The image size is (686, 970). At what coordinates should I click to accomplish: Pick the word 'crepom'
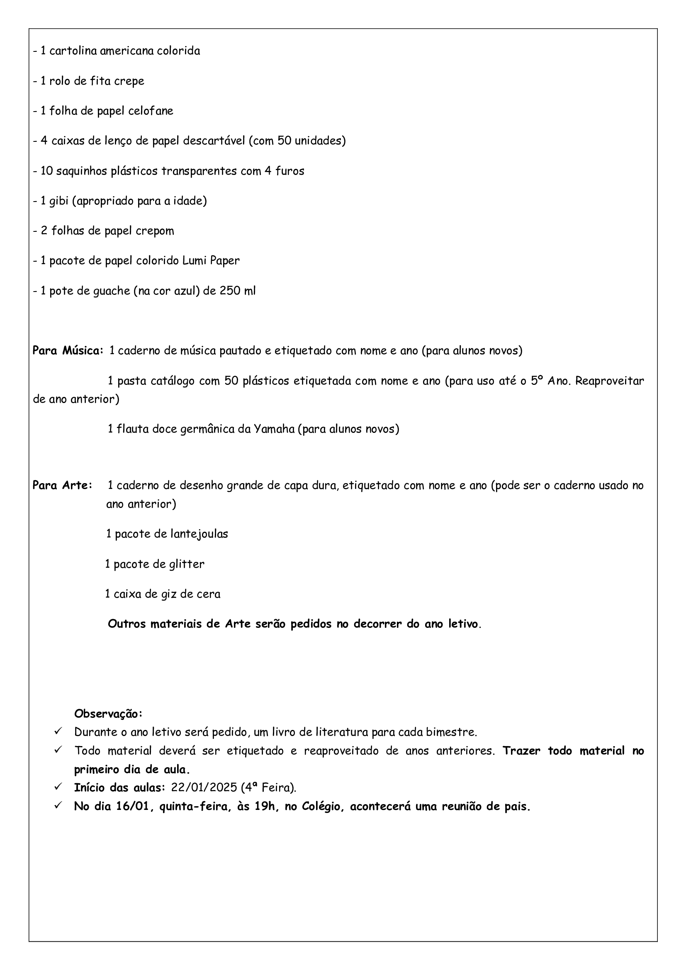(x=155, y=231)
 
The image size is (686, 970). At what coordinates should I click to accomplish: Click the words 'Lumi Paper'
(x=211, y=261)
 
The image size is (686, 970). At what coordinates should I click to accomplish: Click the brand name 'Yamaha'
(x=274, y=429)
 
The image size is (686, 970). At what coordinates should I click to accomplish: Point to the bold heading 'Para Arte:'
(x=63, y=486)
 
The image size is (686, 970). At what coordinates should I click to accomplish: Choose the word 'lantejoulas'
(x=199, y=534)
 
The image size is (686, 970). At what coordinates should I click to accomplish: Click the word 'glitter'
(x=187, y=564)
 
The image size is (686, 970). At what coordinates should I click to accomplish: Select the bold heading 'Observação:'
(x=108, y=714)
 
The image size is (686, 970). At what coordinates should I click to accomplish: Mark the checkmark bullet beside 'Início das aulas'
(x=58, y=787)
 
